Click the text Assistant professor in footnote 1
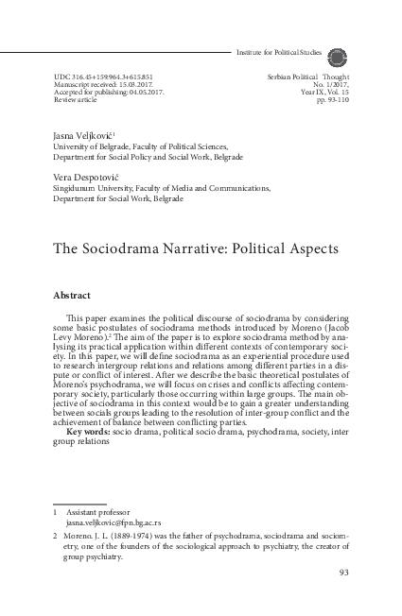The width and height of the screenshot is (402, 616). (x=99, y=510)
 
